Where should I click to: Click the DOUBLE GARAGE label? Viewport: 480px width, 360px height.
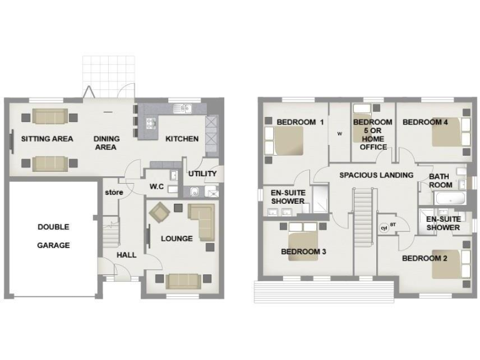pos(53,236)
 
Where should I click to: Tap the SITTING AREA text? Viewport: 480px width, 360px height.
pos(47,139)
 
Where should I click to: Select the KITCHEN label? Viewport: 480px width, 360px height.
pos(182,139)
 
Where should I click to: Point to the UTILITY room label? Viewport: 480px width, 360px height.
pos(202,174)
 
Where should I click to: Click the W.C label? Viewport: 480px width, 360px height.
pos(156,186)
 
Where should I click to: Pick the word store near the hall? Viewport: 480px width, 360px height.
pos(113,192)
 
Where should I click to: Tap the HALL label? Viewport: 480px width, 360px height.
pos(126,255)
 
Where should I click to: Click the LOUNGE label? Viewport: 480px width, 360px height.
pos(176,238)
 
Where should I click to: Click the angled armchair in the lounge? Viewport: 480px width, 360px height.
pos(159,212)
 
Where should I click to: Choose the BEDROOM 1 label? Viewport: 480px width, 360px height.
pos(300,122)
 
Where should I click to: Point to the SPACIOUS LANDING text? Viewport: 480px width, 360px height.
pos(376,175)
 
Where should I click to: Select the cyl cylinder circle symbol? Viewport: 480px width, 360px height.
pos(383,228)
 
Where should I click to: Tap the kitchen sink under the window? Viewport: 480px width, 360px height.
pos(182,109)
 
